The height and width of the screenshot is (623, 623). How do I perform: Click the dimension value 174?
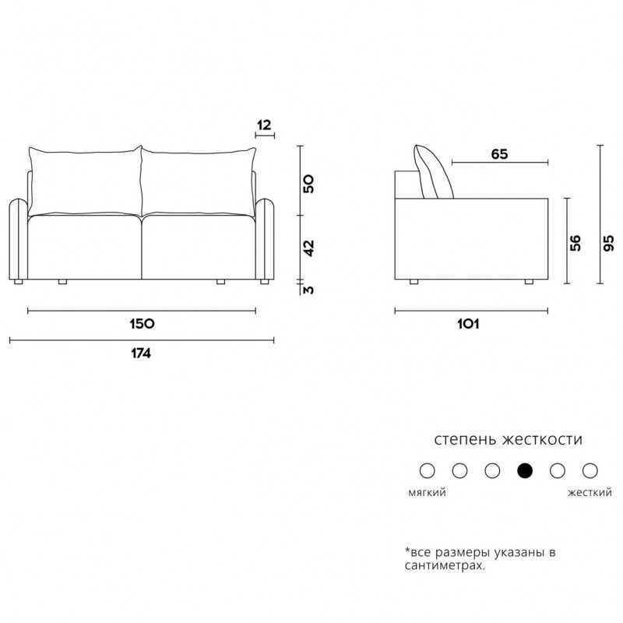141,354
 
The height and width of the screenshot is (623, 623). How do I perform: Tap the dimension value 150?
142,324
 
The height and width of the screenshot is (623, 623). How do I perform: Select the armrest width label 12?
264,125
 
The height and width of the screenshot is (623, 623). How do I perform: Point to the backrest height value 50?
308,183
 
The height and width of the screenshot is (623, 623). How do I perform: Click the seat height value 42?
308,248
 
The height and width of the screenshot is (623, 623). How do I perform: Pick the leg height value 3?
308,290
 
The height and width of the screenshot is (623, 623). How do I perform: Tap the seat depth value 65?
499,153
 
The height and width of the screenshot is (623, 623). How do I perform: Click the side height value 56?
575,243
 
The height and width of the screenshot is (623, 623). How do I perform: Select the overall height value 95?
608,243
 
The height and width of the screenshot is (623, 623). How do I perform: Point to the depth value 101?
468,324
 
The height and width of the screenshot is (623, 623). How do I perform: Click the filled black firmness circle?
524,471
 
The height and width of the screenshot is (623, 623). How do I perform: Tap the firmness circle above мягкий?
427,471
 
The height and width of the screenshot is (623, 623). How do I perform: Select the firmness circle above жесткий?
590,471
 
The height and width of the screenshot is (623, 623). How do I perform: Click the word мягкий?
427,493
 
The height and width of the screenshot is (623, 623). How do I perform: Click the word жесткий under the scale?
590,493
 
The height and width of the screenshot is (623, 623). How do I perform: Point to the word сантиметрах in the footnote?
445,565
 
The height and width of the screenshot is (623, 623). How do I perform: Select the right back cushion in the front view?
199,181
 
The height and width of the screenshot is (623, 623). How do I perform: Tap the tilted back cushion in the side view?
433,173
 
